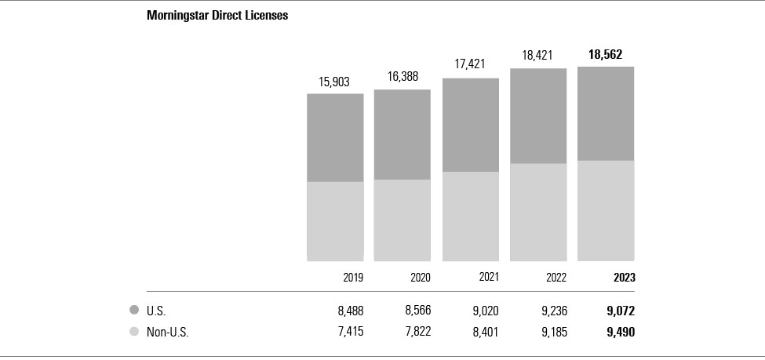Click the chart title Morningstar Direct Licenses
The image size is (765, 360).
pyautogui.click(x=217, y=16)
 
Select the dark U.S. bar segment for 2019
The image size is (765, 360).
pyautogui.click(x=335, y=137)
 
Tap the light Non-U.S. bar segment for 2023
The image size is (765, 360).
pyautogui.click(x=606, y=210)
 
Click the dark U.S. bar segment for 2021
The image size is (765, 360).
pyautogui.click(x=471, y=125)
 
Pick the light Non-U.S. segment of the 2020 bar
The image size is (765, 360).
pyautogui.click(x=403, y=220)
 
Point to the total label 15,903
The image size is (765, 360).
pyautogui.click(x=335, y=82)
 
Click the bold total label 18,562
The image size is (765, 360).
pyautogui.click(x=606, y=54)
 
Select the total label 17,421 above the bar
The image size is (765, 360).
pyautogui.click(x=471, y=65)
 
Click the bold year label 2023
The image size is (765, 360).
pyautogui.click(x=624, y=278)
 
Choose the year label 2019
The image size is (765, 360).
pyautogui.click(x=353, y=278)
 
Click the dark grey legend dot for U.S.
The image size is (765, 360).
pyautogui.click(x=134, y=310)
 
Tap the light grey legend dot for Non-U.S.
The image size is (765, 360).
pyautogui.click(x=134, y=332)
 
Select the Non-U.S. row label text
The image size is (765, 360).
pyautogui.click(x=168, y=332)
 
